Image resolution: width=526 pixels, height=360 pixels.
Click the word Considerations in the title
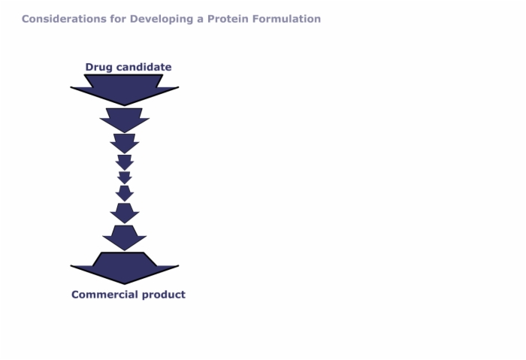tap(64, 19)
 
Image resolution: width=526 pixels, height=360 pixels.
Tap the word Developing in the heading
tap(162, 20)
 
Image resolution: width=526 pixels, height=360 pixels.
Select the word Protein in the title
tap(228, 19)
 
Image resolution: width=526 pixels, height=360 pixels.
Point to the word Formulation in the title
tap(286, 19)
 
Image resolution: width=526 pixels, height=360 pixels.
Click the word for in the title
tap(118, 19)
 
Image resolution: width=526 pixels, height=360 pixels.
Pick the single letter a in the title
tap(201, 20)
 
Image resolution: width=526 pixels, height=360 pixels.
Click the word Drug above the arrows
tap(99, 68)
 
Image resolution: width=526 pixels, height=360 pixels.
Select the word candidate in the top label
tap(144, 67)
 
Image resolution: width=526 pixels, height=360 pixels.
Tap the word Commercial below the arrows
tap(105, 295)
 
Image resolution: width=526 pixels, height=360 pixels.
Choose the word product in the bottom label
tap(164, 295)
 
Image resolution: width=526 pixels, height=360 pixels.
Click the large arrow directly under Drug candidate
tap(125, 89)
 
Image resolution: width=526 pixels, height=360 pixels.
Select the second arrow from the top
tap(125, 120)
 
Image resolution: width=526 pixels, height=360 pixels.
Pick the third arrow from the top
tap(125, 144)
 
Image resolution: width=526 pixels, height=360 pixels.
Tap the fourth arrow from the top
tap(125, 162)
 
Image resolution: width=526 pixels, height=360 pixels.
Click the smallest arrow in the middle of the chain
tap(125, 178)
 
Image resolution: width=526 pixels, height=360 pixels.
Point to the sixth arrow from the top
tap(125, 194)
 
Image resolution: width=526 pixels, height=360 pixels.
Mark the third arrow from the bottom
tap(125, 213)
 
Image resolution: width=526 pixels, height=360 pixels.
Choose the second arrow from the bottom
tap(125, 238)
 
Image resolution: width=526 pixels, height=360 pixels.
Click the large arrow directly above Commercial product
tap(125, 268)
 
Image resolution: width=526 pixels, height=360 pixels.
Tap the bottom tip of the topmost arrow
tap(125, 106)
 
